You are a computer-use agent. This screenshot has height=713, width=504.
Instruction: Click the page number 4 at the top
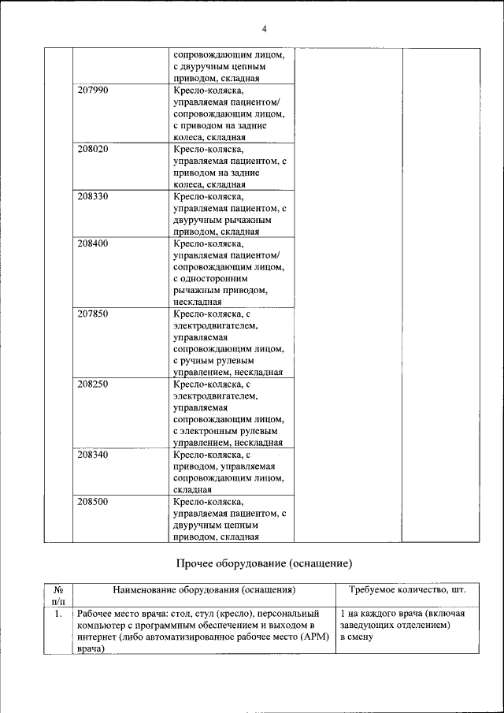tap(264, 29)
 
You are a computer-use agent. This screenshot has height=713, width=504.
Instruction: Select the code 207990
tap(93, 91)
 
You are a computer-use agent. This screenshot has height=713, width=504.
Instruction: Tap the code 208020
tap(93, 149)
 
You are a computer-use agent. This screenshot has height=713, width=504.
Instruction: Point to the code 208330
tap(93, 196)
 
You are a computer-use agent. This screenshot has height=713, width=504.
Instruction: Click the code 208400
tap(93, 243)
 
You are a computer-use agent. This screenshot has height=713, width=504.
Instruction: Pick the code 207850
tap(93, 314)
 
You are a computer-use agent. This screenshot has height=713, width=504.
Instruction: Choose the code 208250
tap(93, 384)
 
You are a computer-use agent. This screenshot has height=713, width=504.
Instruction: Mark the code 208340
tap(93, 455)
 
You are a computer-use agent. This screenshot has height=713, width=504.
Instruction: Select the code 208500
tap(93, 501)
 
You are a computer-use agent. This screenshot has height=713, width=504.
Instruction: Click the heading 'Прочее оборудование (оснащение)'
tap(262, 563)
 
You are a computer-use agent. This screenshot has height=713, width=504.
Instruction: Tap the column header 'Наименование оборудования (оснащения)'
tap(204, 589)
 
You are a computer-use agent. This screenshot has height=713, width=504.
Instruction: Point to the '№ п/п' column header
tap(57, 595)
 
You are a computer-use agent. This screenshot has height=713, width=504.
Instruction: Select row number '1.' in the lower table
tap(57, 613)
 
